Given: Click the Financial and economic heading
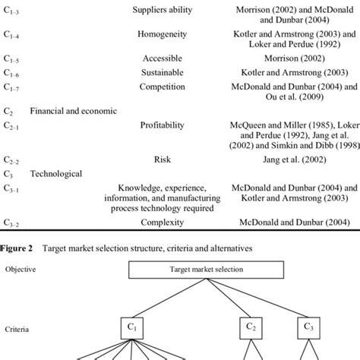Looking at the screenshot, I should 74,111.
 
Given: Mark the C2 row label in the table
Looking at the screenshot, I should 8,111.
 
